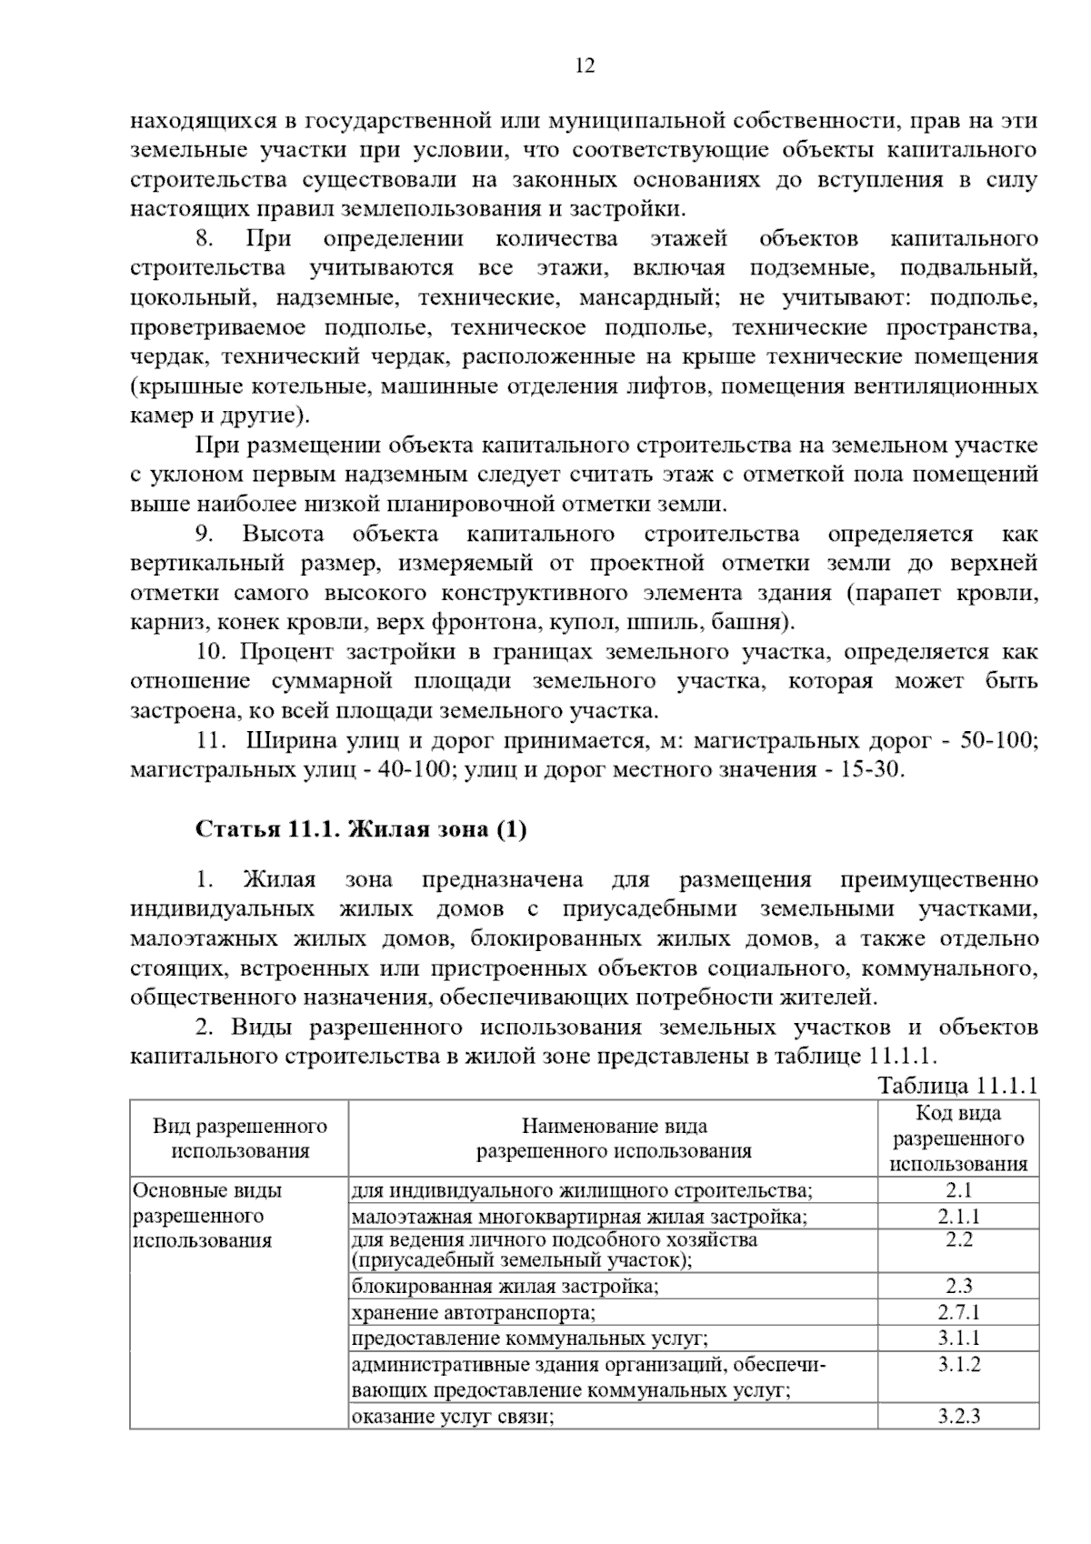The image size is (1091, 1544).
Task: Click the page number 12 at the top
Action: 585,65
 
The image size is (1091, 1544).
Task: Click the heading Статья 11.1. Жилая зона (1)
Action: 361,829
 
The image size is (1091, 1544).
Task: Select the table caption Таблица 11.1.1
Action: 957,1086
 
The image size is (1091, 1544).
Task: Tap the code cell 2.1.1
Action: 958,1217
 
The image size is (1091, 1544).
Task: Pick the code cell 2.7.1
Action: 958,1312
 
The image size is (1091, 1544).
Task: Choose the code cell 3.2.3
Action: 958,1416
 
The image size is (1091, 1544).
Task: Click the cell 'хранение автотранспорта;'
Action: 473,1312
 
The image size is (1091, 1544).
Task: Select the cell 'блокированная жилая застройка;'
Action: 505,1286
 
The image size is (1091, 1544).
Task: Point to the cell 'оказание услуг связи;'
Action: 452,1416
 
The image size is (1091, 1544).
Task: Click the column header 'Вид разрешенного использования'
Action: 240,1138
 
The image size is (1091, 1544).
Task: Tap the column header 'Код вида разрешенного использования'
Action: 958,1138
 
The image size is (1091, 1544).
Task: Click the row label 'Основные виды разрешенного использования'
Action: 207,1216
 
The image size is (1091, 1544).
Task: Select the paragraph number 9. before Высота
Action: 205,534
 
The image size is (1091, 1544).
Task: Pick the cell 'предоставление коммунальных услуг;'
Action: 529,1338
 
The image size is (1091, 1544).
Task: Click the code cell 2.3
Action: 958,1286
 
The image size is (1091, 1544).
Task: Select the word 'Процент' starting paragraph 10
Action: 289,652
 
